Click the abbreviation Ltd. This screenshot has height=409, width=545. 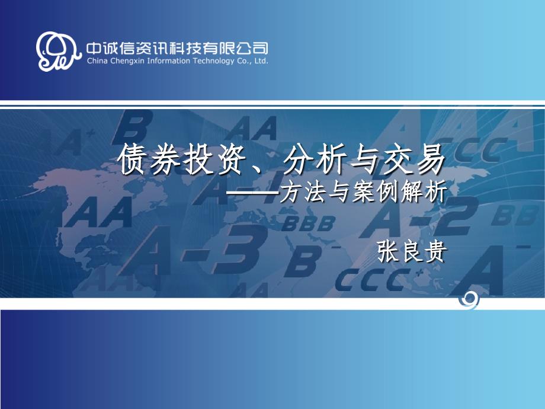[x=261, y=60]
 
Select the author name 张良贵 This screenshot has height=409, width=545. [x=411, y=252]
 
